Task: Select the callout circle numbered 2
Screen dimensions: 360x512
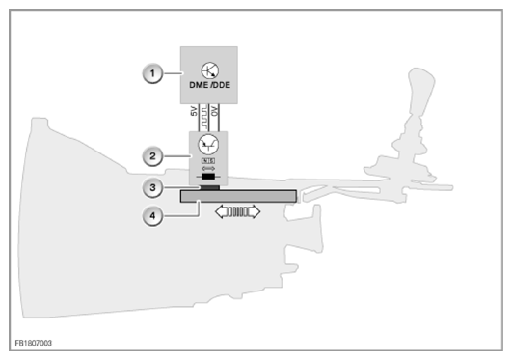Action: tap(150, 154)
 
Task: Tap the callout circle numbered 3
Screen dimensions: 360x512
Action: tap(150, 187)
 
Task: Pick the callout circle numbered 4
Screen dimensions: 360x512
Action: tap(150, 216)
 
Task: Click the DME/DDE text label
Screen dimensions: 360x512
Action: tap(207, 85)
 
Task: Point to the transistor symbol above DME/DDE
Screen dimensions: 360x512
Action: tap(207, 68)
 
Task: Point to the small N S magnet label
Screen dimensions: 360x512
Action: tap(207, 162)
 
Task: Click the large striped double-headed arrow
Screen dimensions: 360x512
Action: tap(237, 211)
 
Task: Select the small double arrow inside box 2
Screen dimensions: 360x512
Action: tap(207, 170)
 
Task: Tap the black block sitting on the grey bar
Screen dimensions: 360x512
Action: tap(207, 187)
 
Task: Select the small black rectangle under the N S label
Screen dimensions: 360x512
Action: tap(207, 178)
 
